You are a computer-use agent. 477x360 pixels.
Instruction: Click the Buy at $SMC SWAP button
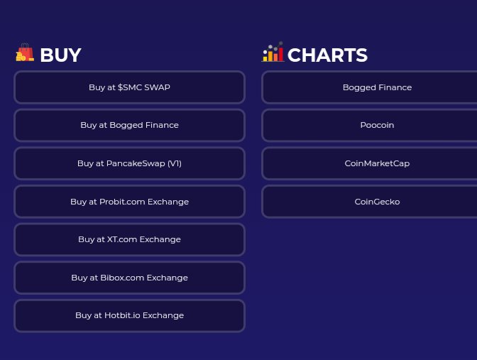pyautogui.click(x=130, y=87)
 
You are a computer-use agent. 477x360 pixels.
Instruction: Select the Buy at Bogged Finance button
pyautogui.click(x=130, y=125)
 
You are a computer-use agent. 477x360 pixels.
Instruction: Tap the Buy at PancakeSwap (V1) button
pyautogui.click(x=130, y=163)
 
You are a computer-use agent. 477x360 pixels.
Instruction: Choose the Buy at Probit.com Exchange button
pyautogui.click(x=130, y=202)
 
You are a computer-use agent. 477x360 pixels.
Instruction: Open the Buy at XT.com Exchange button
pyautogui.click(x=130, y=239)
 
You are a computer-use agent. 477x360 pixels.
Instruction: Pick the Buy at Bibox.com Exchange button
pyautogui.click(x=130, y=278)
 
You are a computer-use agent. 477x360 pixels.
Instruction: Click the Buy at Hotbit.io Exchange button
pyautogui.click(x=130, y=315)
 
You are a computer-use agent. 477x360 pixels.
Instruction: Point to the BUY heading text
pyautogui.click(x=60, y=55)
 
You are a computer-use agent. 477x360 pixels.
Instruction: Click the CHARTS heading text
pyautogui.click(x=327, y=55)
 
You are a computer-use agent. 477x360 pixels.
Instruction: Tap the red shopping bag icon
pyautogui.click(x=26, y=52)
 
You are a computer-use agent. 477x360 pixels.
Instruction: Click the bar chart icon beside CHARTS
pyautogui.click(x=273, y=52)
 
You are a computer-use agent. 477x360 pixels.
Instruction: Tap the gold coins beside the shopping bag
pyautogui.click(x=21, y=57)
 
